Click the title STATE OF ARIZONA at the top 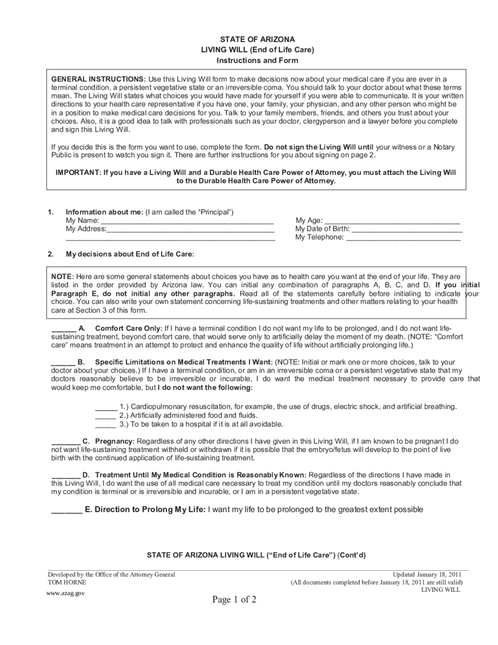pyautogui.click(x=257, y=39)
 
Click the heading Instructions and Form pyautogui.click(x=257, y=60)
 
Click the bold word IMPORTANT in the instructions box pyautogui.click(x=76, y=172)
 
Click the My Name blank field pyautogui.click(x=188, y=220)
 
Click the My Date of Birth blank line pyautogui.click(x=407, y=229)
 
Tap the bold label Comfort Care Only pyautogui.click(x=128, y=328)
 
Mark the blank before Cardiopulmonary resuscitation pyautogui.click(x=106, y=406)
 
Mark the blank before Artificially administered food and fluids pyautogui.click(x=106, y=415)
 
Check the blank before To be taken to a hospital pyautogui.click(x=106, y=424)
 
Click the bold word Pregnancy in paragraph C pyautogui.click(x=115, y=441)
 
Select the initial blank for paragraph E pyautogui.click(x=66, y=509)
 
